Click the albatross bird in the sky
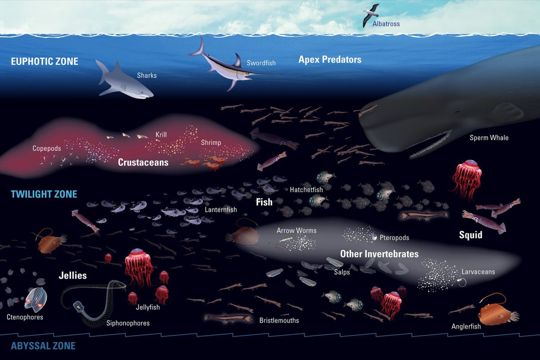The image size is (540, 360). click(370, 15)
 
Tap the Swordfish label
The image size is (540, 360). click(261, 63)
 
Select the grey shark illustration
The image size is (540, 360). click(124, 80)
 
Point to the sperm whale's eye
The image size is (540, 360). click(457, 112)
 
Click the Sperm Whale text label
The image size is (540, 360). click(489, 138)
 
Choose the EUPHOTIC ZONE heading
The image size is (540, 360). click(45, 61)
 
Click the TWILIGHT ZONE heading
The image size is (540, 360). click(44, 194)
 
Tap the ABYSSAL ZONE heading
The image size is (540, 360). click(43, 346)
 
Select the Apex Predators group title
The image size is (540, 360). click(330, 59)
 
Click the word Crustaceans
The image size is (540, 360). click(143, 162)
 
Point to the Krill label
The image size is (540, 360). click(161, 134)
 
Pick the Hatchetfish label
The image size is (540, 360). click(306, 190)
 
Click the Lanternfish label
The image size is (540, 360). click(221, 210)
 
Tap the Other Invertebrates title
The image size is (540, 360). click(379, 254)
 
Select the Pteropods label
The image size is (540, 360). click(394, 238)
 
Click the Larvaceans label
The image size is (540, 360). click(478, 272)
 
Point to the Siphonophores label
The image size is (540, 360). click(128, 323)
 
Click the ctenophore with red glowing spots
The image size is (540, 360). click(36, 300)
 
